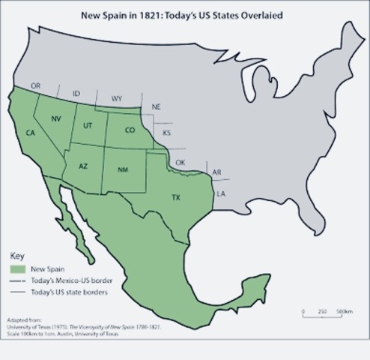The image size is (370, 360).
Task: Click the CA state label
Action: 30,133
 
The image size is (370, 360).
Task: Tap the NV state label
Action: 56,119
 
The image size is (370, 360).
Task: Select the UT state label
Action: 88,125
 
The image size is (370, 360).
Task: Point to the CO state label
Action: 130,129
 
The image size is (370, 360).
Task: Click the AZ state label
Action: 83,166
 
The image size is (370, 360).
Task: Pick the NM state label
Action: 123,170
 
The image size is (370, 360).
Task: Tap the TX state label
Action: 176,198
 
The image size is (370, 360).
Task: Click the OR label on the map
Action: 35,87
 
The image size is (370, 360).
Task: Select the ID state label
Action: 76,94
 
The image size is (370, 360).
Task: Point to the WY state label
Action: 117,98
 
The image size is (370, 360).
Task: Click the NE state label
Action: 156,107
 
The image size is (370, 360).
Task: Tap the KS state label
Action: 166,133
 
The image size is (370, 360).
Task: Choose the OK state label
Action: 180,163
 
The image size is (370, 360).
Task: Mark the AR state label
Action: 216,172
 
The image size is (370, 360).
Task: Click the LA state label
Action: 221,193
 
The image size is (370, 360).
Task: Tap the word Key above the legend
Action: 16,255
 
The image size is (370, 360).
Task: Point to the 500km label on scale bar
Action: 345,310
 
